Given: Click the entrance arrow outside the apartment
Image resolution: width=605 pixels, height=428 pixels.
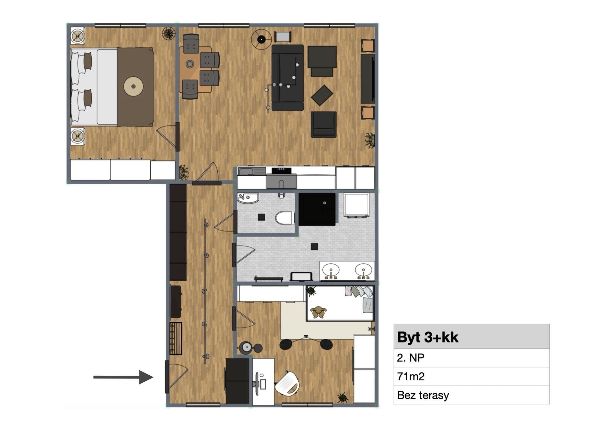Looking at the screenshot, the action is click(123, 377).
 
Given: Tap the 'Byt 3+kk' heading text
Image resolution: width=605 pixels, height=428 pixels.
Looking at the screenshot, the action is click(428, 337).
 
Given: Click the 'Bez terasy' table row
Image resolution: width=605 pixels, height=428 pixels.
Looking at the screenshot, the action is click(471, 395).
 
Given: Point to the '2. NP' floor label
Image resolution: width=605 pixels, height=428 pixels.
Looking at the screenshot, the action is click(411, 358).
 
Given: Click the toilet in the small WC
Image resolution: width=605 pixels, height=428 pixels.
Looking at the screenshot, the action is click(285, 218).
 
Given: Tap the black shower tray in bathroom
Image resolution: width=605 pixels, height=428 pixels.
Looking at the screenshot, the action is click(317, 209).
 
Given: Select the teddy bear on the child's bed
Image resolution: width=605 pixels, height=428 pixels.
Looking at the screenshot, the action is click(318, 312).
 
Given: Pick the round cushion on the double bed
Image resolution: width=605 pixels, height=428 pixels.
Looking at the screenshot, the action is click(133, 86).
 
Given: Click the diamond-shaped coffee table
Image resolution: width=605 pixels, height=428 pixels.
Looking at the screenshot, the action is click(322, 95).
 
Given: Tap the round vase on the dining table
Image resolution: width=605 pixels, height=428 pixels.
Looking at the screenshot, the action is click(190, 64).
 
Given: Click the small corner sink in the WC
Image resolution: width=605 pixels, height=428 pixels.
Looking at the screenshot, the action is click(247, 198).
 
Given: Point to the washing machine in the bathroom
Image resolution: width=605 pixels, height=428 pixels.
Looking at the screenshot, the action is click(356, 205).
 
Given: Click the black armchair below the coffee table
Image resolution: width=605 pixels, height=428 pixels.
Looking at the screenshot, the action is click(324, 125).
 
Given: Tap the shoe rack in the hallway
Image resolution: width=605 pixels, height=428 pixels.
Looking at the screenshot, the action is click(176, 338).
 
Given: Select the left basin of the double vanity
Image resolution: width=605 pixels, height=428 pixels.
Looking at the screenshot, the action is click(331, 270).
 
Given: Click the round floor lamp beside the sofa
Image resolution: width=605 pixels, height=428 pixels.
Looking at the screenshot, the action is click(261, 39).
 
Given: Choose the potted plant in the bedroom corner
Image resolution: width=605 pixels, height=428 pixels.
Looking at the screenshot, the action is click(169, 33).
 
